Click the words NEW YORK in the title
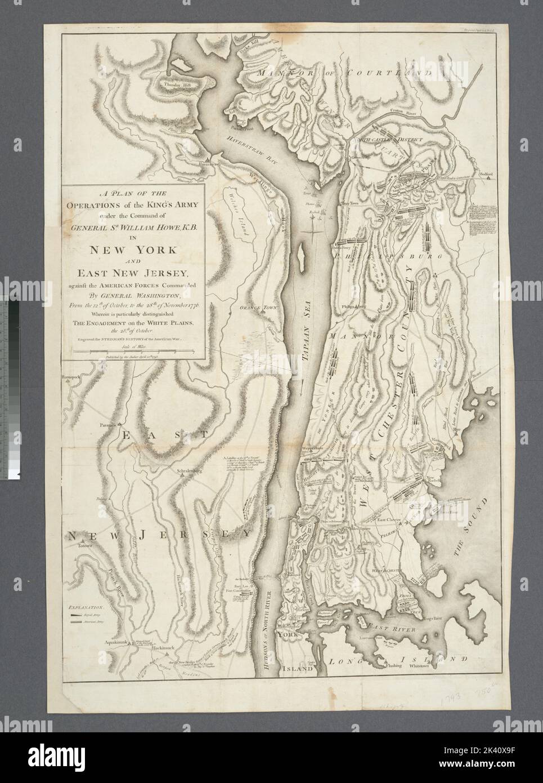(x=130, y=250)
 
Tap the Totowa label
(x=85, y=546)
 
